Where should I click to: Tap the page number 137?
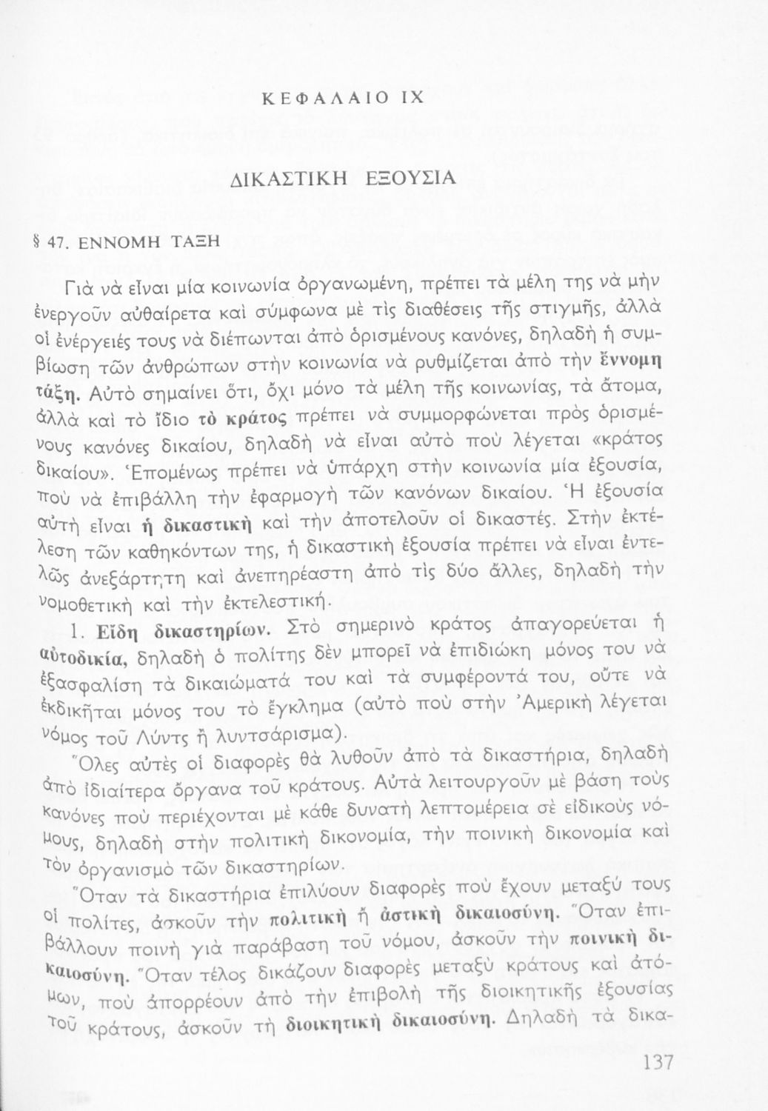tap(654, 1063)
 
